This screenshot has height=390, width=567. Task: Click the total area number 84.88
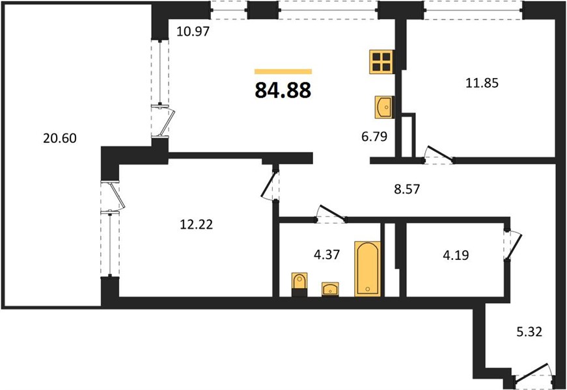283,90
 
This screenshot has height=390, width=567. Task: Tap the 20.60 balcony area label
60,138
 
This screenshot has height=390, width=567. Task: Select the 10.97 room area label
193,31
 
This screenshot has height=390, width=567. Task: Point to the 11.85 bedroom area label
482,83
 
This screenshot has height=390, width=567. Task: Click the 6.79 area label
374,136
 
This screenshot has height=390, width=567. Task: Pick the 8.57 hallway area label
407,189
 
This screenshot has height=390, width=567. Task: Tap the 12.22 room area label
197,225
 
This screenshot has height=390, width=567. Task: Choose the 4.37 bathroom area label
327,255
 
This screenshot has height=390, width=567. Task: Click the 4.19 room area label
456,255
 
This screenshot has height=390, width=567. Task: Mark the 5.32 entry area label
529,331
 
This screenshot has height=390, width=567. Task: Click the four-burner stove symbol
381,62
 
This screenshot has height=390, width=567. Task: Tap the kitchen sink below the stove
384,107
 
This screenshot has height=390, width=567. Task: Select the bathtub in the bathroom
367,269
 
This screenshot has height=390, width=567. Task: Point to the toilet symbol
299,285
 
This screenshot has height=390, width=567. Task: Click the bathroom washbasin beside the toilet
330,289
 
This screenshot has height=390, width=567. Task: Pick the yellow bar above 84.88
283,71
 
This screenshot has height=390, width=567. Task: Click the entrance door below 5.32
532,375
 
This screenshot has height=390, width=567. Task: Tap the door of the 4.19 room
514,245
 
